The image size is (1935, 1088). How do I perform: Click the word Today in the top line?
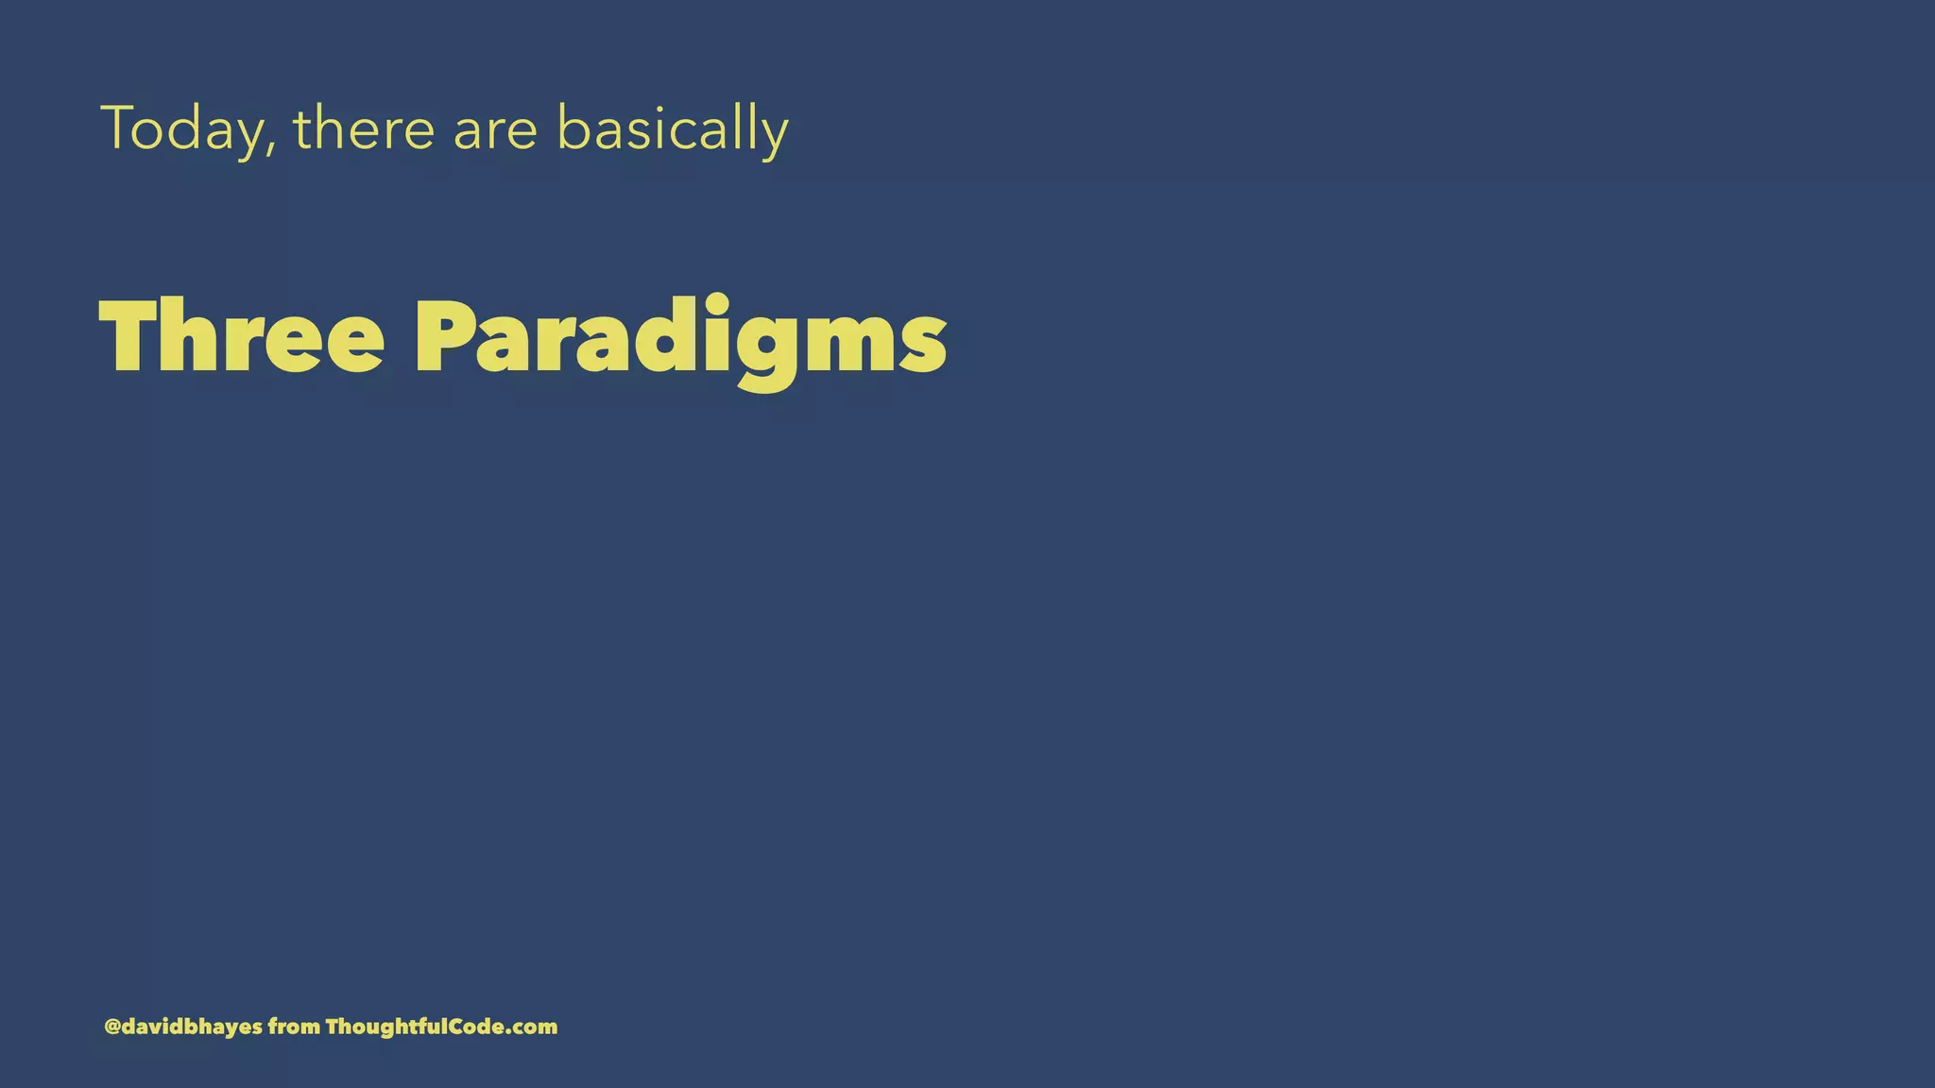[x=184, y=128]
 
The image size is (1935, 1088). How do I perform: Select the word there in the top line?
[x=364, y=128]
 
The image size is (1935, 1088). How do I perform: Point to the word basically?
[x=672, y=128]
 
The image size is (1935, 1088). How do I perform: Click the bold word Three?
[x=242, y=337]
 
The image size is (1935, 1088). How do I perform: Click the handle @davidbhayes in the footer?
[x=183, y=1027]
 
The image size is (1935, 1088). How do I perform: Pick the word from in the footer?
[x=294, y=1027]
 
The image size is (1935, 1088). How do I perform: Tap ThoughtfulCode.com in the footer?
[x=441, y=1027]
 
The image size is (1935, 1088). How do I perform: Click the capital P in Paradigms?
[x=443, y=337]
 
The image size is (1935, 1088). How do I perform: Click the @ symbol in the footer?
[x=112, y=1027]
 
